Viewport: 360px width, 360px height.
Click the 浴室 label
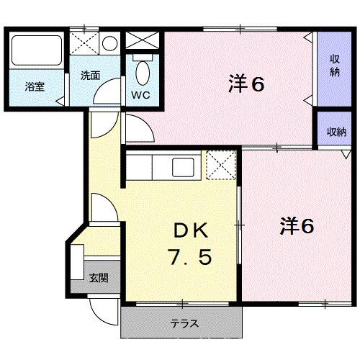35,87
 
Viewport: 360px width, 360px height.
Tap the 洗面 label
91,74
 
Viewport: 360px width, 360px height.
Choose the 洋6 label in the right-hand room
297,225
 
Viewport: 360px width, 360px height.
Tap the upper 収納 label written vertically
335,66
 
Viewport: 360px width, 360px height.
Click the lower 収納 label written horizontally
336,132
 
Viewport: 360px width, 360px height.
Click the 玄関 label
99,277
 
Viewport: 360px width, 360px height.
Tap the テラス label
184,323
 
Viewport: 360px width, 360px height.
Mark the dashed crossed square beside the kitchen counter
220,165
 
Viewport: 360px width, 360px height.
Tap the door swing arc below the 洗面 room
108,96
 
